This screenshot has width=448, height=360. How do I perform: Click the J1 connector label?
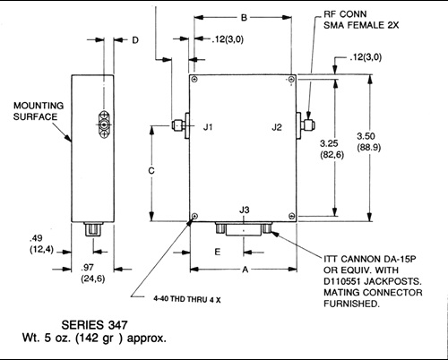click(208, 127)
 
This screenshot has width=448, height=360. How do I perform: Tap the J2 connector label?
click(277, 127)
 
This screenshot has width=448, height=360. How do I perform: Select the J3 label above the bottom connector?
click(245, 210)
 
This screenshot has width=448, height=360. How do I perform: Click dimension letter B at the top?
click(244, 18)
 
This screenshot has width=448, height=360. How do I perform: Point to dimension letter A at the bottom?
click(246, 270)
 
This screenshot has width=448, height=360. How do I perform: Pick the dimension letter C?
click(151, 171)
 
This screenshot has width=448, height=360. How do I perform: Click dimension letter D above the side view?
click(135, 40)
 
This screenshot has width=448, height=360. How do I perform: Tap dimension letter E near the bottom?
click(218, 252)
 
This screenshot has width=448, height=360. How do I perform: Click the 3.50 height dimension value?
click(366, 136)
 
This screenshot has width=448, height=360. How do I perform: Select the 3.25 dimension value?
click(329, 143)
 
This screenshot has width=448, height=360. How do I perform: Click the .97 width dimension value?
click(87, 267)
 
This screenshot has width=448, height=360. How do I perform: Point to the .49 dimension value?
click(36, 238)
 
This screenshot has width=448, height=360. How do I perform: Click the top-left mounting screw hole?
click(194, 79)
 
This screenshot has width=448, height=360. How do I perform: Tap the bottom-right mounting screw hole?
click(292, 216)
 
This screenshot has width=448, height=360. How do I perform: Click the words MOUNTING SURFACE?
click(39, 111)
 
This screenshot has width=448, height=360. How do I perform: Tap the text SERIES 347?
click(94, 325)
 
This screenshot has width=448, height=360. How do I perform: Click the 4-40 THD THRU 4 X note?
click(187, 299)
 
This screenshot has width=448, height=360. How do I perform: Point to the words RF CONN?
click(345, 14)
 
